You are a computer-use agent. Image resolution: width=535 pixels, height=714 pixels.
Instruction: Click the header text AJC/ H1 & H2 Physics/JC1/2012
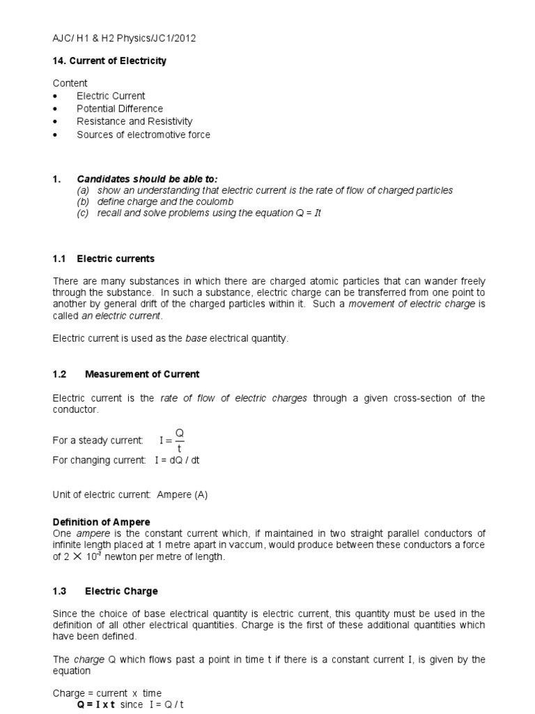coord(125,38)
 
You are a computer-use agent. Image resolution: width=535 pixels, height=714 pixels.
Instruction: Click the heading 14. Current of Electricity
coord(110,61)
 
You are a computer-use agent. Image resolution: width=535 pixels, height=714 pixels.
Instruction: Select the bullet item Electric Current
coord(111,96)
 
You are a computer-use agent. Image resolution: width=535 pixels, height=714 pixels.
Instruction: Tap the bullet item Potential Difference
coord(120,109)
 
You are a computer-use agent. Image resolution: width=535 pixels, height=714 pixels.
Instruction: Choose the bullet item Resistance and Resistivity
coord(134,121)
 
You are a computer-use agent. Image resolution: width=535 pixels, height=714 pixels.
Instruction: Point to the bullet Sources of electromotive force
coord(143,135)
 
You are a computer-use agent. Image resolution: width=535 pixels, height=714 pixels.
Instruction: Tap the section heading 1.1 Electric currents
coord(104,259)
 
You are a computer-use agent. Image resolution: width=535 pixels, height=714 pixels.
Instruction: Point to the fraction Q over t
coord(180,440)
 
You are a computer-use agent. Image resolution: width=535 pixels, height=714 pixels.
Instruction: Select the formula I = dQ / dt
coord(175,460)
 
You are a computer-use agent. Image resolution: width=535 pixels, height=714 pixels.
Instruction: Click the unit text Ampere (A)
coord(183,494)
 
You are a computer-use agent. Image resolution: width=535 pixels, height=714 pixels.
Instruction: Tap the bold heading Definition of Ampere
coord(102,522)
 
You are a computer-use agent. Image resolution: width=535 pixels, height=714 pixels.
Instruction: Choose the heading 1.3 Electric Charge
coord(106,591)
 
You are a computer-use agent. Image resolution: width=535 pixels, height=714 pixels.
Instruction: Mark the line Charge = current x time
coord(107,693)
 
